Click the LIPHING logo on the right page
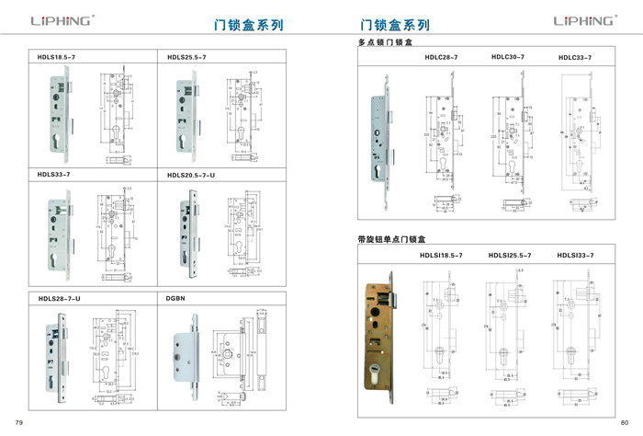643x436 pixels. pyautogui.click(x=582, y=19)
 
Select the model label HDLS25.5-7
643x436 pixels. pyautogui.click(x=186, y=58)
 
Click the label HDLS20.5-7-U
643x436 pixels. pyautogui.click(x=191, y=174)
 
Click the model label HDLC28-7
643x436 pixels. pyautogui.click(x=441, y=58)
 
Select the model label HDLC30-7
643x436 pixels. pyautogui.click(x=508, y=57)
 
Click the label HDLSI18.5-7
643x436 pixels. pyautogui.click(x=441, y=255)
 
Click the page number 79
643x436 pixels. pyautogui.click(x=18, y=422)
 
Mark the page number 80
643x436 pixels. pyautogui.click(x=625, y=422)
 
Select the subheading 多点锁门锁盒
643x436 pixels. pyautogui.click(x=386, y=43)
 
